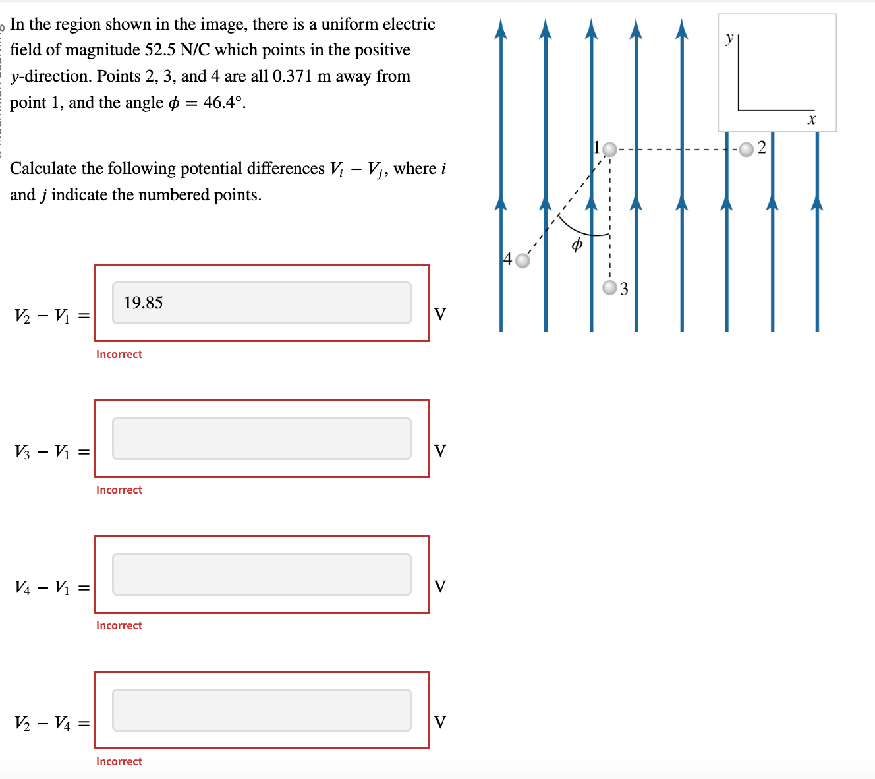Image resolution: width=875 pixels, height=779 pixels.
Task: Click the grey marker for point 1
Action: [610, 150]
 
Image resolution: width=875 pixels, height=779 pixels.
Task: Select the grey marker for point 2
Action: [746, 150]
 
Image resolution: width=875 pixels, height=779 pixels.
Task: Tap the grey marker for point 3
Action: [611, 287]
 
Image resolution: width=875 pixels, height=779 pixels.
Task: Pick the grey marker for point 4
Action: [522, 261]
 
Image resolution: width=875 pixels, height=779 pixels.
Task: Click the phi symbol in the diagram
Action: [577, 245]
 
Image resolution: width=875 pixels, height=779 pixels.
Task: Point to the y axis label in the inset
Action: [729, 39]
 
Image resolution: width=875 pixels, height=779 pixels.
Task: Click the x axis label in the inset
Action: [812, 120]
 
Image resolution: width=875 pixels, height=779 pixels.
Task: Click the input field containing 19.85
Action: [262, 303]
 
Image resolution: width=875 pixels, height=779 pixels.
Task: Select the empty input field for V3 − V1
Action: [262, 438]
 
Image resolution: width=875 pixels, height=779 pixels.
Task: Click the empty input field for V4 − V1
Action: [262, 574]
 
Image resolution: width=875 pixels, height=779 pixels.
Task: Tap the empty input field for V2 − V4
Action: [262, 710]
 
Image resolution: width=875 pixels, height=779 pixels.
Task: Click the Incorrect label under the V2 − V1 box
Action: [119, 355]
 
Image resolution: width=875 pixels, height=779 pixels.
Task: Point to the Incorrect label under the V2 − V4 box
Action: [119, 762]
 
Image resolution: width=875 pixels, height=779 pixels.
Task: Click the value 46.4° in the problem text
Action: [223, 103]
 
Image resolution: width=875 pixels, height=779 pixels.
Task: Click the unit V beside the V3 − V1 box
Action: [440, 451]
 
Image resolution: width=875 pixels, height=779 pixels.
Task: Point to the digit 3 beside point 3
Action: [625, 289]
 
